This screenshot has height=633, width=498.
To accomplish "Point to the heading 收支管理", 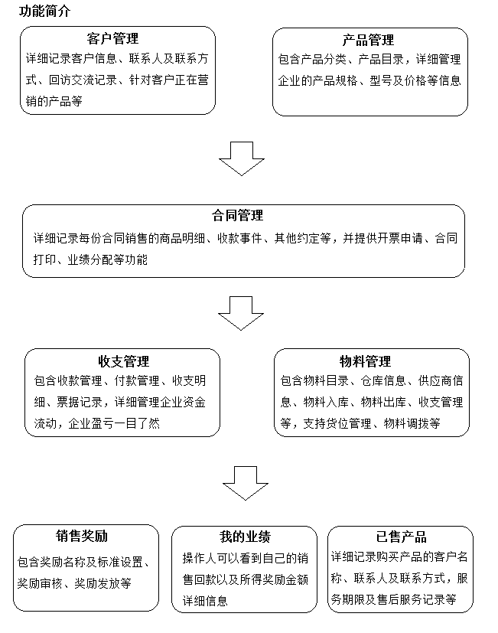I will click(x=123, y=361).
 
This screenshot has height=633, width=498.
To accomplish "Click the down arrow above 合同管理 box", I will click(x=242, y=158).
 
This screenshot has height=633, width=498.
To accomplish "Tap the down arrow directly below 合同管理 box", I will click(x=241, y=312).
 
